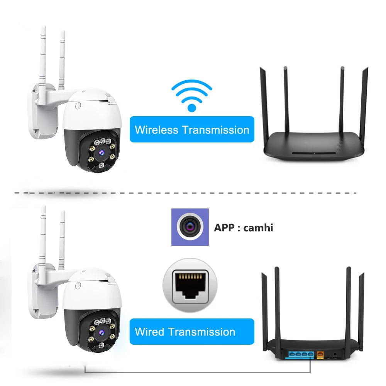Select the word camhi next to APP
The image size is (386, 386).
click(x=258, y=227)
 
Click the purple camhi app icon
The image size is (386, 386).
click(x=190, y=227)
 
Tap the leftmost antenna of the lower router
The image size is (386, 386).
click(x=265, y=305)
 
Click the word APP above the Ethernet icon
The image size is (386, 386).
click(x=223, y=227)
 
